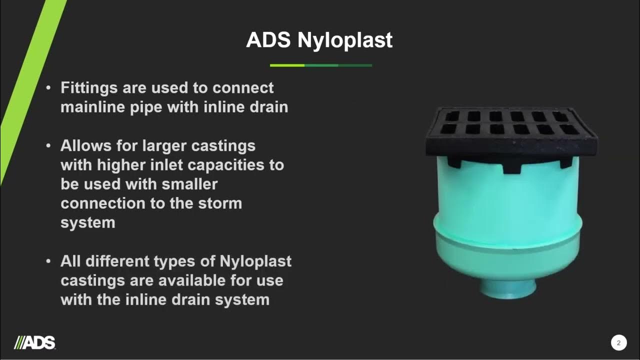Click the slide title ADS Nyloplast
[x=319, y=40]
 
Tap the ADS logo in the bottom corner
[x=35, y=342]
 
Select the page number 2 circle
[x=618, y=343]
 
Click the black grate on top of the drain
[x=511, y=131]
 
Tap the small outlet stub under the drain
[x=509, y=286]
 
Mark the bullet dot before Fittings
[x=48, y=88]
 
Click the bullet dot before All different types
[x=48, y=261]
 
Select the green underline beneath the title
[x=320, y=65]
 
